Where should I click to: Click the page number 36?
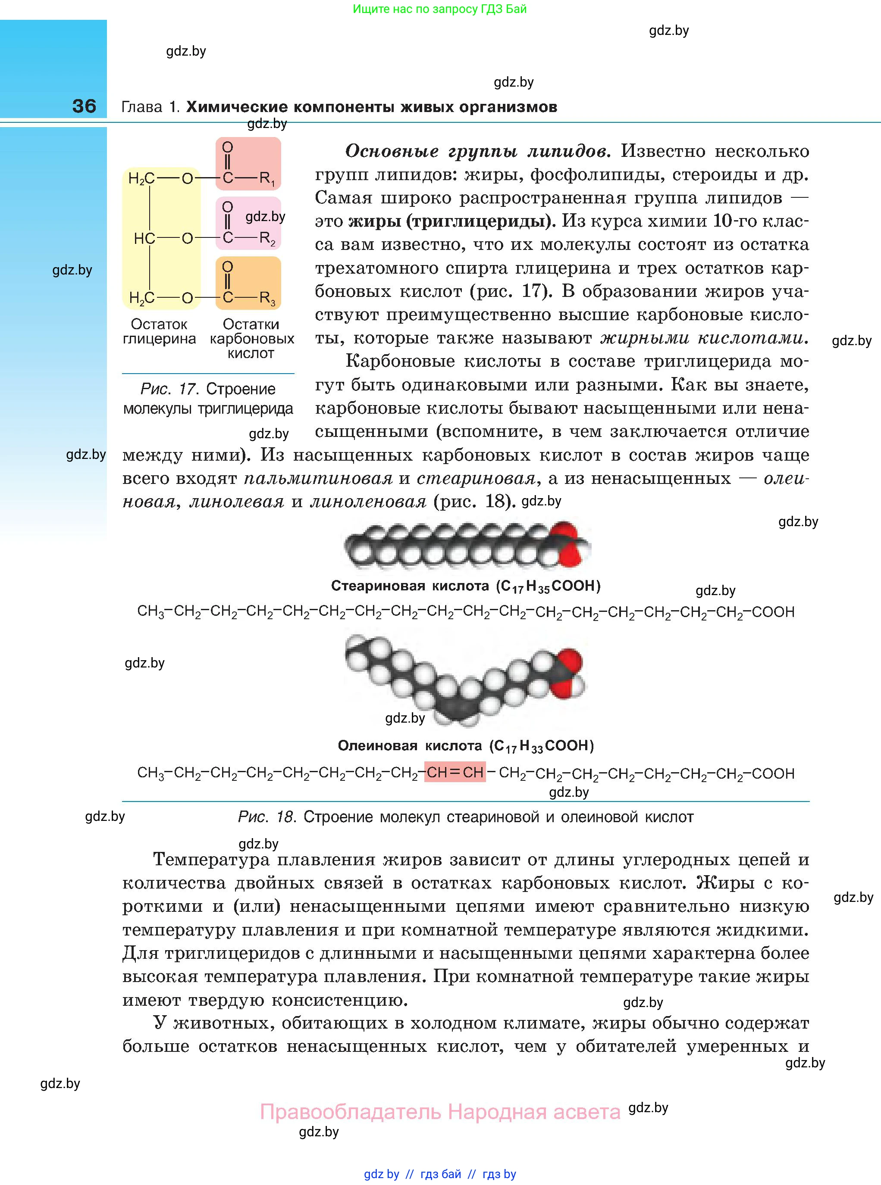point(84,106)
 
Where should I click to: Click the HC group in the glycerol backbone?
point(144,238)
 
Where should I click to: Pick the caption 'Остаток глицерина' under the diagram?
point(159,331)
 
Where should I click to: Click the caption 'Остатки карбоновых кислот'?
point(251,339)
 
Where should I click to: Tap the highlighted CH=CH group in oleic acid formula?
point(455,773)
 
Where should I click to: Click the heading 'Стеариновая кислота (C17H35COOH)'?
point(466,586)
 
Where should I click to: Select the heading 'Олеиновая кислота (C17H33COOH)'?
point(466,746)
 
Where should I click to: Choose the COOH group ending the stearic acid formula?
point(773,612)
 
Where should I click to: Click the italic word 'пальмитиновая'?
point(318,478)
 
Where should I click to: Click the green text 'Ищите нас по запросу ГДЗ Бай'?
point(439,9)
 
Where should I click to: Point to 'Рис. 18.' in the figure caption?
point(266,817)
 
